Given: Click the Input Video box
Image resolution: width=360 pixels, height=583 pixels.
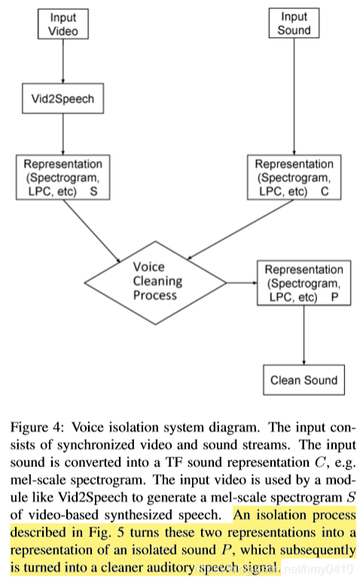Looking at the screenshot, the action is click(x=63, y=24).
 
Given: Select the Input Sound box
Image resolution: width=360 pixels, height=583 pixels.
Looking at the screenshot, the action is click(x=294, y=23).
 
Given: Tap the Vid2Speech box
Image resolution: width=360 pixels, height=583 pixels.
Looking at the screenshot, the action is click(x=63, y=99).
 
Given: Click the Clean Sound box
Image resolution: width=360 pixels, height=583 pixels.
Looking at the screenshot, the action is click(x=304, y=380).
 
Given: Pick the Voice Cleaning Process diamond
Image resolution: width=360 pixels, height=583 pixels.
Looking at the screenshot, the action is click(x=155, y=283).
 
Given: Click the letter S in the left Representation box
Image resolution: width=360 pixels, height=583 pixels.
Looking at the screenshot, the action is click(x=93, y=191).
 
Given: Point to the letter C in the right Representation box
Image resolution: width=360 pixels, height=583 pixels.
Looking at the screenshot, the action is click(x=325, y=191).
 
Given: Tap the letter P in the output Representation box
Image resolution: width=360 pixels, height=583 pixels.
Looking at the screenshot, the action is click(x=334, y=297).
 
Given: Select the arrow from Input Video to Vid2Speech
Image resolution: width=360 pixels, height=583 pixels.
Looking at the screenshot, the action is click(x=63, y=61).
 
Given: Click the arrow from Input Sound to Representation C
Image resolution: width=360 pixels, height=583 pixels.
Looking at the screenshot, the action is click(x=294, y=96).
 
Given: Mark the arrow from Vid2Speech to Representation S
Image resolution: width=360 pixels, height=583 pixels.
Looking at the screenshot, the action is click(x=63, y=134).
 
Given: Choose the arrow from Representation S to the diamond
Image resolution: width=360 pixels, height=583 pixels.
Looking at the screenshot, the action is click(x=92, y=231).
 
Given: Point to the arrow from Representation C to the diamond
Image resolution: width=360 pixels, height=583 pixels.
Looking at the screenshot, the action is click(x=240, y=230).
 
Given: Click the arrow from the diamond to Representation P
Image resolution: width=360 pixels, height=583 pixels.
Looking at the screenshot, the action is click(x=242, y=283).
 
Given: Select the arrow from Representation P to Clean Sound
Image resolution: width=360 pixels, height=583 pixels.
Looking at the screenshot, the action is click(x=304, y=335).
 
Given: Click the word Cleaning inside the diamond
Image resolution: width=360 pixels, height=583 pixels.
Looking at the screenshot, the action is click(x=157, y=282).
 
